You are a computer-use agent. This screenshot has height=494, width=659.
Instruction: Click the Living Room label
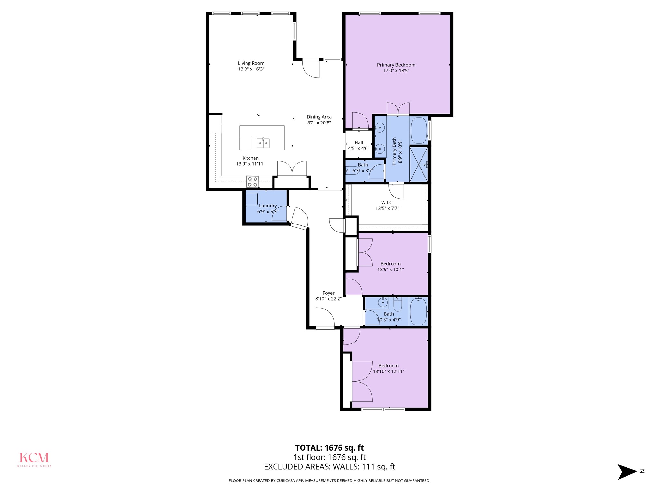coord(251,63)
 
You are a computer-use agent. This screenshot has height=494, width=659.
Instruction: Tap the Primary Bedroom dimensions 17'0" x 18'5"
coord(396,71)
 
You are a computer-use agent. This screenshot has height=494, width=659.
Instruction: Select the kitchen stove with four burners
coord(253,181)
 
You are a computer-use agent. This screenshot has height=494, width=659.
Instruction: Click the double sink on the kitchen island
coord(263,143)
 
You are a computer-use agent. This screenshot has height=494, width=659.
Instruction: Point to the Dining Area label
coord(319,117)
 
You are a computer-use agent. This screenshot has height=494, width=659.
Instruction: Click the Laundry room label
coord(268,206)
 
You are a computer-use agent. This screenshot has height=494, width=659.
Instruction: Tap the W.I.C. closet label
coord(387,203)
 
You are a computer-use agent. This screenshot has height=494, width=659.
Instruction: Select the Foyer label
coord(329,293)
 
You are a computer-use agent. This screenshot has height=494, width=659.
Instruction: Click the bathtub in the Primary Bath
coord(419,131)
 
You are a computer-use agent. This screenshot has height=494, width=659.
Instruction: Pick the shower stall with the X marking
coord(419,164)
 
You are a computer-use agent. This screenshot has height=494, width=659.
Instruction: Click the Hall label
coord(359,143)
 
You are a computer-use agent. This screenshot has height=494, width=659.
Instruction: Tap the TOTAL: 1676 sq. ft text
coord(329,448)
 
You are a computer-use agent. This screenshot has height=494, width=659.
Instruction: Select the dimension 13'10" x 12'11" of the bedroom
coord(389,371)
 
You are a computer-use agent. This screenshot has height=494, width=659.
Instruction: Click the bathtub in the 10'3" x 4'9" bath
coord(418,311)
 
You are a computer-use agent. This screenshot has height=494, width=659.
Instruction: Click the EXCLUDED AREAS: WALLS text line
coord(329,467)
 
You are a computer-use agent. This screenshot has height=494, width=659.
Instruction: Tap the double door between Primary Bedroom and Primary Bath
coord(398,109)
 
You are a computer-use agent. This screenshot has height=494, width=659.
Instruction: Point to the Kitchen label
coord(251,158)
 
